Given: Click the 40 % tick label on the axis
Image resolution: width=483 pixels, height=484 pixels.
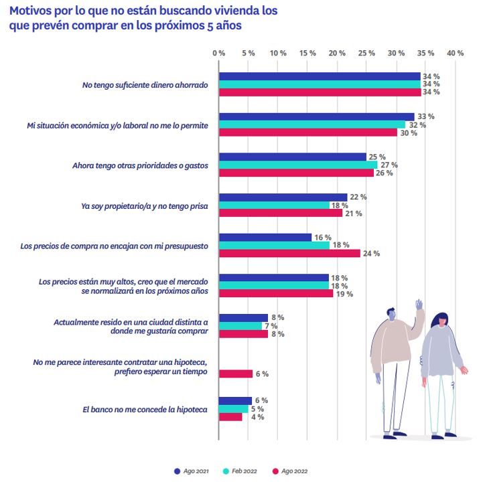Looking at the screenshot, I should point(456,53).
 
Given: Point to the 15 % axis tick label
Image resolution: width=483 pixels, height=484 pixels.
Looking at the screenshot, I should point(307,53).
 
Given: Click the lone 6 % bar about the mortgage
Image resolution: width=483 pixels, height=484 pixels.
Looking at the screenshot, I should point(236,374).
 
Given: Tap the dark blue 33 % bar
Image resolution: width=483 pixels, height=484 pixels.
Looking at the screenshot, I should point(317,116).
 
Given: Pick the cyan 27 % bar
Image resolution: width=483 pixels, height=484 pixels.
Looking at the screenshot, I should point(299,165).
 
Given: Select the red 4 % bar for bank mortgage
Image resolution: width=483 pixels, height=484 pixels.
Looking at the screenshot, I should point(230,417).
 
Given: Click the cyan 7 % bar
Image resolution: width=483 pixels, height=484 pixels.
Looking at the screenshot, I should point(240,325).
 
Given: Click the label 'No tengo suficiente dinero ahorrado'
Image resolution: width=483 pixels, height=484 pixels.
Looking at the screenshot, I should point(145,85).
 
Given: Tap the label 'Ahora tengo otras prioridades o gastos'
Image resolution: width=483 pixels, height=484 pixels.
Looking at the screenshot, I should point(140,165).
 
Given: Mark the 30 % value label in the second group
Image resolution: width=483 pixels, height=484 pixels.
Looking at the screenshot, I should point(409,133).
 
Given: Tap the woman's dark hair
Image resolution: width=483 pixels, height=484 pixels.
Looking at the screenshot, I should point(440,321).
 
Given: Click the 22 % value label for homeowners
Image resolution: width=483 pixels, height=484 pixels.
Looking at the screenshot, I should point(358,197).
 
